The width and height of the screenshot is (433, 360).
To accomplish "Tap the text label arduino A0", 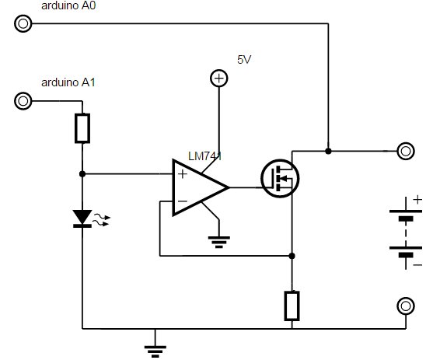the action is pos(68,5).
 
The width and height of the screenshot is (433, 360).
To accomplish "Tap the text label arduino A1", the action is pos(68,82).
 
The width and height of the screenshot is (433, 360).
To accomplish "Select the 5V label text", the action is pos(244,59).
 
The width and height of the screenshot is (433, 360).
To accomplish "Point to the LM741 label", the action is pos(204,156).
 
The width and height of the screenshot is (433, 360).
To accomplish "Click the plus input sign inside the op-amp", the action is pos(182,174).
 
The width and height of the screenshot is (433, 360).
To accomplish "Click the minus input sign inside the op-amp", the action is pos(182,201).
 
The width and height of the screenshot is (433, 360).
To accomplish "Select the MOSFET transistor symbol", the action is pos(280,179).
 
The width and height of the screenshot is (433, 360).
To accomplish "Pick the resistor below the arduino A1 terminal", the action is pos(82,128).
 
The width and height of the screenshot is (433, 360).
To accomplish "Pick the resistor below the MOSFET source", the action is pos(292,306).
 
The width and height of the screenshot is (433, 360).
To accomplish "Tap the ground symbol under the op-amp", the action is pos(218,242).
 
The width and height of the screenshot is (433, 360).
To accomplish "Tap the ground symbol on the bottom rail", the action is pos(155,351).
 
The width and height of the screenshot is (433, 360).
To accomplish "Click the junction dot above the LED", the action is pos(82,174).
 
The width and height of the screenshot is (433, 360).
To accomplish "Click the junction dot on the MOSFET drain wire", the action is pos(328,151).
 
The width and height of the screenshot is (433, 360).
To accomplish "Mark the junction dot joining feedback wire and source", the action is pos(292,256).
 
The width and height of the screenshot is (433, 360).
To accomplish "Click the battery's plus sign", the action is pos(417,200).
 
